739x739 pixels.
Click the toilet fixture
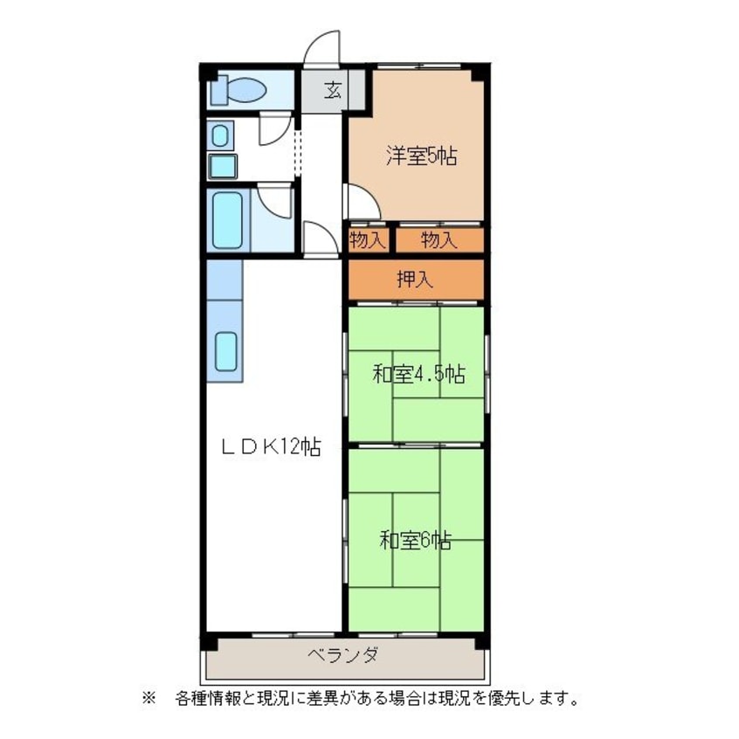point(239,90)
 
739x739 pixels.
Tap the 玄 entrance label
point(333,90)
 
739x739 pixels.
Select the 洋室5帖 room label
point(421,156)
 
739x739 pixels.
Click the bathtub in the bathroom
point(228,219)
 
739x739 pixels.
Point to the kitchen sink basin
point(226,351)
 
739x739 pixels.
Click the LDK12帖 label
point(272,446)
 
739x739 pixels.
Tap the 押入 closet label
point(415,280)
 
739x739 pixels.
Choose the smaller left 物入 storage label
point(368,240)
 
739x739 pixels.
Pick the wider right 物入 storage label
point(439,240)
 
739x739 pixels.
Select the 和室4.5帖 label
point(418,375)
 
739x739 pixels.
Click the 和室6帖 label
point(416,541)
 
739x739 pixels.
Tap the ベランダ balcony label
point(342,655)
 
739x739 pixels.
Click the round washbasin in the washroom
point(220,136)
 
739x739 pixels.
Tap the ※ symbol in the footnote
point(148,698)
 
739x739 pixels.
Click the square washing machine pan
point(223,166)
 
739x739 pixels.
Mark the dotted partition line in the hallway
point(297,147)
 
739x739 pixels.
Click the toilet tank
point(218,91)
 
